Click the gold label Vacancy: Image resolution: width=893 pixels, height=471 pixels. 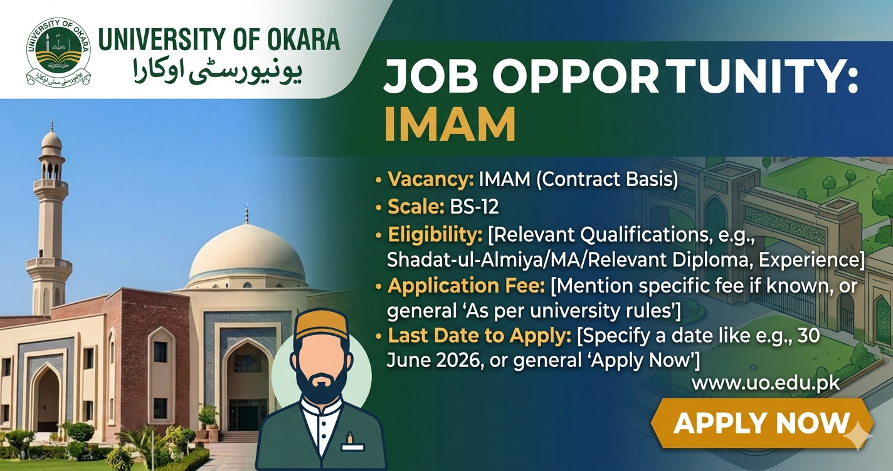click(x=430, y=180)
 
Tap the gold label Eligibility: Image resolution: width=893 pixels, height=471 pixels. click(x=435, y=235)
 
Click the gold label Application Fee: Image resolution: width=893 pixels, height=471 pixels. click(x=467, y=286)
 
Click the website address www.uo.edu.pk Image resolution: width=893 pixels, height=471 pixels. click(x=765, y=382)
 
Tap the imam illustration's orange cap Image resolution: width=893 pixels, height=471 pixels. click(x=321, y=326)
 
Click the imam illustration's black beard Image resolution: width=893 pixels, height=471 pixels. click(x=321, y=385)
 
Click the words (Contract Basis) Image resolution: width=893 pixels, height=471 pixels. click(x=607, y=180)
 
